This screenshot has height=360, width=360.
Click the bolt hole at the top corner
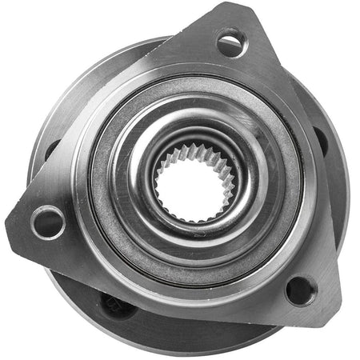point(230,42)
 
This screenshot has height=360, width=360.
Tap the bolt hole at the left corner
point(47,221)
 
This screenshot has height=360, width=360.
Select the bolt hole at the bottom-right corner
point(300,290)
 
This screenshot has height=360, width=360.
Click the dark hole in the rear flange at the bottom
point(113,304)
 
